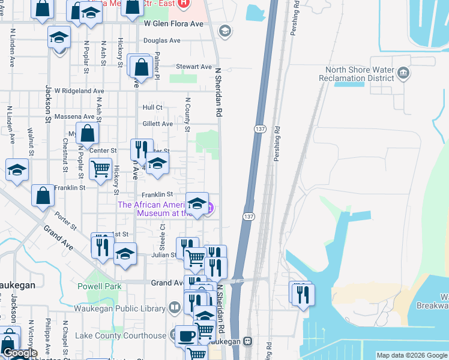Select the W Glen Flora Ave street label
174,24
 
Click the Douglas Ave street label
161,41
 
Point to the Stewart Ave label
193,67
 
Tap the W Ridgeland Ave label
79,91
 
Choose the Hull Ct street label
152,107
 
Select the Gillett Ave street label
157,124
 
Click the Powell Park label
99,286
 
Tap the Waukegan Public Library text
119,308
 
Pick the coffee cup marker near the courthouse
186,335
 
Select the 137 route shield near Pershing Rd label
259,129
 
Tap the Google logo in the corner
20,353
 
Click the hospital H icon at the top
184,2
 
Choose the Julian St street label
164,254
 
